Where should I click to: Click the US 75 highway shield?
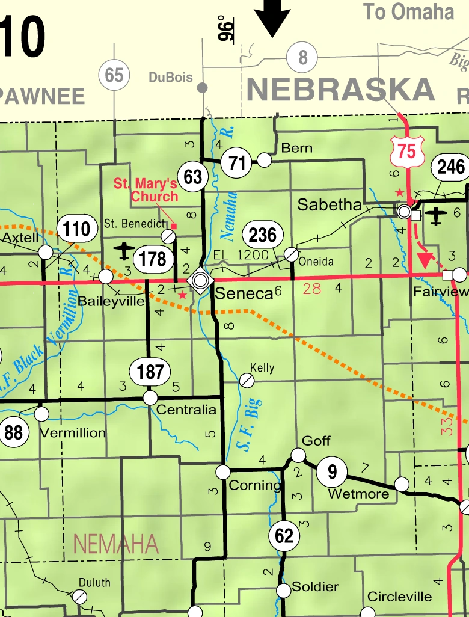[406, 151]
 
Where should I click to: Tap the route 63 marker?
[193, 177]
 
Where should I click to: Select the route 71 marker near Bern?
[236, 163]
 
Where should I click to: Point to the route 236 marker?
[262, 235]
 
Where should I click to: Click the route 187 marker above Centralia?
[150, 372]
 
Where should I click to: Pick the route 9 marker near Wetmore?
[332, 471]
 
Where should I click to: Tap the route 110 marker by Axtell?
[77, 229]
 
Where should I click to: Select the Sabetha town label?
[330, 205]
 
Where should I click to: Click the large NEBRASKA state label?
[340, 90]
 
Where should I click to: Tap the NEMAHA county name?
[116, 544]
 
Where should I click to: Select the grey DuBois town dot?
[203, 88]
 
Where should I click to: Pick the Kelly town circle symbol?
[246, 380]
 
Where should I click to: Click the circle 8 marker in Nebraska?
[302, 58]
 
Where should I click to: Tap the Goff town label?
[316, 441]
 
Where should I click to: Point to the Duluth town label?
[94, 582]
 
